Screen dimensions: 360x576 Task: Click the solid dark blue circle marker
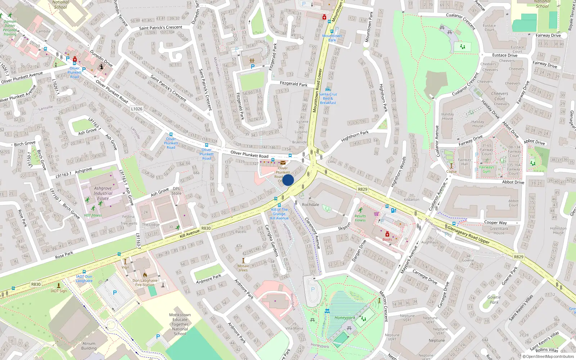click(288, 180)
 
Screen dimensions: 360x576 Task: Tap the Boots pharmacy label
click(387, 239)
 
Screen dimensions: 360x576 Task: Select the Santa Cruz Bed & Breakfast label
click(328, 98)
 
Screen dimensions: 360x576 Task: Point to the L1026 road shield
click(136, 109)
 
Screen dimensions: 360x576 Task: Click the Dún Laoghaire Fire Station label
click(145, 283)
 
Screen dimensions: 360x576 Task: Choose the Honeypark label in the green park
click(345, 318)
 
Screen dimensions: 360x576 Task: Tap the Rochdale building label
click(310, 204)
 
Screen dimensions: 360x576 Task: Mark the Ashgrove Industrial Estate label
click(103, 193)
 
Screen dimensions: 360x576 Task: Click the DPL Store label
click(176, 191)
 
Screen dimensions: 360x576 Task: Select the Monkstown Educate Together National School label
click(180, 324)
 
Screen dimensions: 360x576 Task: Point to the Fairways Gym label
click(486, 169)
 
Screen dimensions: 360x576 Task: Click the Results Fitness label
click(360, 218)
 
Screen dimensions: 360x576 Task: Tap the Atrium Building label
click(89, 346)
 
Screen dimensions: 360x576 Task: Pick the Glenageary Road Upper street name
click(468, 235)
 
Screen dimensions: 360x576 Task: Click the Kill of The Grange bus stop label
click(279, 214)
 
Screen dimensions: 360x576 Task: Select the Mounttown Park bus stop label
click(332, 38)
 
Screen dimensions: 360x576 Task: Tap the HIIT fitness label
click(93, 215)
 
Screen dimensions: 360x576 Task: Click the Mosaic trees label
click(243, 268)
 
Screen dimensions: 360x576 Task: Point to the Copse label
click(451, 171)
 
